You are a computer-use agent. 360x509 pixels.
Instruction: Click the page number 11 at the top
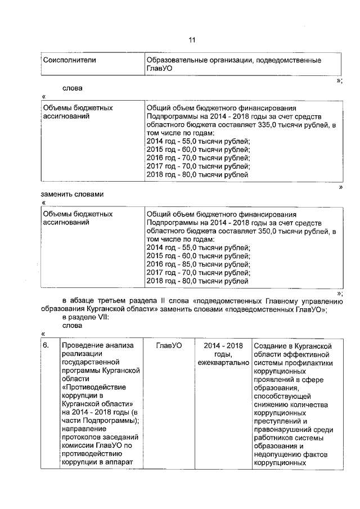point(191,40)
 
